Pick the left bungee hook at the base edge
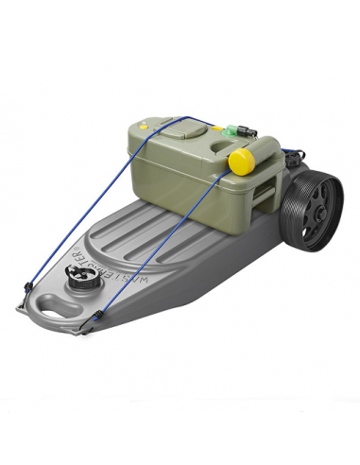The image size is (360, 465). point(20,303)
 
